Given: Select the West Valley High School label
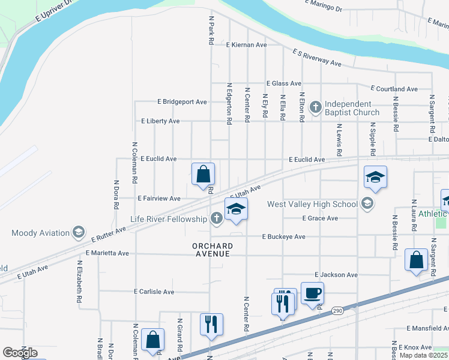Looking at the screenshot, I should (312, 204).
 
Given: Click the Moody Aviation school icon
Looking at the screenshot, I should (78, 232).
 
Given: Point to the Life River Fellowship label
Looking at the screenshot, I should (169, 219).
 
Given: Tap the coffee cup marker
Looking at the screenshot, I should (312, 294).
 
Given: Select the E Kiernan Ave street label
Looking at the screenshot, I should (246, 45).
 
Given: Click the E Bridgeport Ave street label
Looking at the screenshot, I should (182, 102).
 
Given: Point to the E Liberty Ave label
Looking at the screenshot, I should (160, 121).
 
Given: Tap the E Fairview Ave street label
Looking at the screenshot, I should (158, 199).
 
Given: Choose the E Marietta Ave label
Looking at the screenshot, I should (107, 253).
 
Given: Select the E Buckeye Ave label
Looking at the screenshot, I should (284, 236).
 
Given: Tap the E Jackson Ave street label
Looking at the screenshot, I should (336, 275).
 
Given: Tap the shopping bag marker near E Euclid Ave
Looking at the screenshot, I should (203, 174).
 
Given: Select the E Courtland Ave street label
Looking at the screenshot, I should (394, 89).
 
